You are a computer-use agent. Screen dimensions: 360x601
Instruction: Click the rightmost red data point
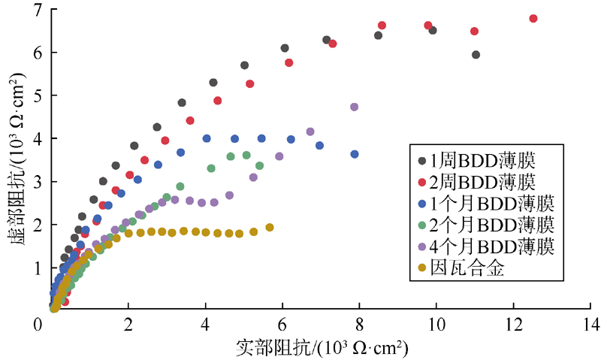pyautogui.click(x=533, y=18)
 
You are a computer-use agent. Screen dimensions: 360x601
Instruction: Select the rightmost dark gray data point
pyautogui.click(x=476, y=54)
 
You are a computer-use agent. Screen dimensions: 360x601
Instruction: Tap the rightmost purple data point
pyautogui.click(x=354, y=107)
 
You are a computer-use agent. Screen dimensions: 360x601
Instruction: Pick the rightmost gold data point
pyautogui.click(x=270, y=227)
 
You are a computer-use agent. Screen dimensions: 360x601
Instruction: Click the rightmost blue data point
pyautogui.click(x=355, y=154)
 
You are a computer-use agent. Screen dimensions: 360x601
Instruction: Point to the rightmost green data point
pyautogui.click(x=259, y=165)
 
